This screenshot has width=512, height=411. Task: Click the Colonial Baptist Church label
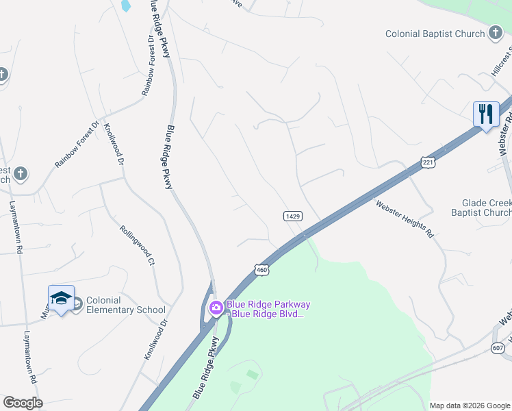click(435, 34)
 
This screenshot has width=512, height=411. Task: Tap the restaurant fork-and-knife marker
click(486, 114)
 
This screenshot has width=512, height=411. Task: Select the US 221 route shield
click(428, 162)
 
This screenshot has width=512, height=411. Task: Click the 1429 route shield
click(293, 216)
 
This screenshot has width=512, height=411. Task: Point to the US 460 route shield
click(261, 270)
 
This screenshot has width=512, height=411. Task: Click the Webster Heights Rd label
click(405, 219)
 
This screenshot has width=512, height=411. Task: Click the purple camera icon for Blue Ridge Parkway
click(216, 308)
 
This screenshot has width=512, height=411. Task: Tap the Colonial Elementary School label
click(125, 305)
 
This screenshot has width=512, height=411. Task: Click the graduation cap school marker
click(61, 298)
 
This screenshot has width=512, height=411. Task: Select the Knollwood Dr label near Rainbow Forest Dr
click(114, 145)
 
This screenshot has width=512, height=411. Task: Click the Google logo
click(23, 403)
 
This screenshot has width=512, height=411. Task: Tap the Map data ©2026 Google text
click(469, 406)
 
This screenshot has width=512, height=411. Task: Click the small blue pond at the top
click(125, 6)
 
